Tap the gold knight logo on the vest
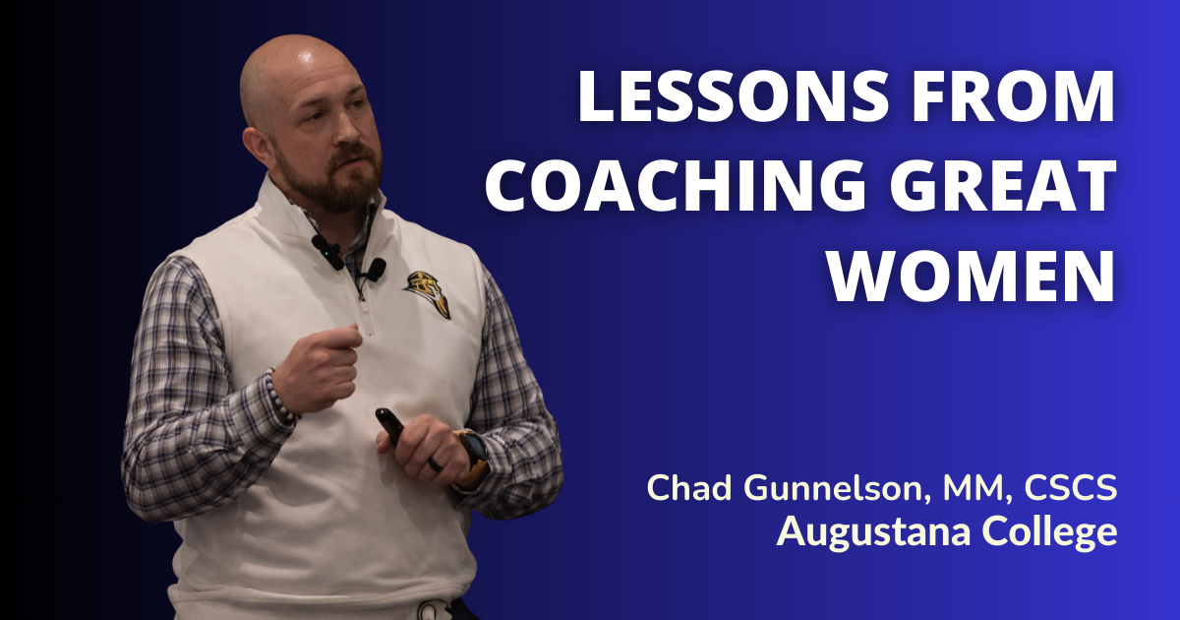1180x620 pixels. point(429,292)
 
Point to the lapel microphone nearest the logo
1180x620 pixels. point(375,268)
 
